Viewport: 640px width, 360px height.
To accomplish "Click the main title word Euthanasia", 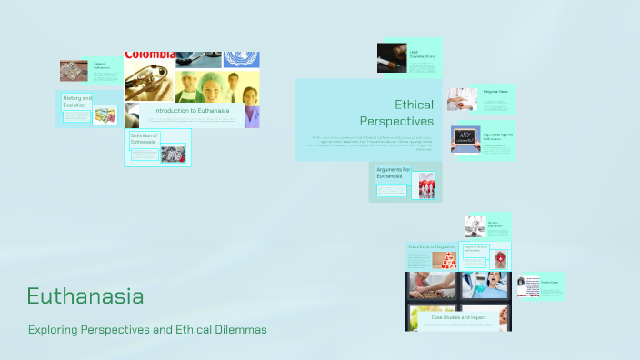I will pyautogui.click(x=85, y=296).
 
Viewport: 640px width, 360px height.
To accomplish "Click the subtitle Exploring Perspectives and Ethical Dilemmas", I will pyautogui.click(x=147, y=329).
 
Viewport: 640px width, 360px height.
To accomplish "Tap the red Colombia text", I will pyautogui.click(x=150, y=55).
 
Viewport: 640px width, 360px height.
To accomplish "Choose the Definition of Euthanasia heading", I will pyautogui.click(x=144, y=138).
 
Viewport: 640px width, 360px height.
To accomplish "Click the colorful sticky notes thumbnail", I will pyautogui.click(x=105, y=115).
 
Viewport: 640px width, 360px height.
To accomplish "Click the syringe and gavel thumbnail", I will pyautogui.click(x=392, y=57).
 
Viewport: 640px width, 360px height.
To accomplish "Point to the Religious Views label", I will pyautogui.click(x=495, y=92).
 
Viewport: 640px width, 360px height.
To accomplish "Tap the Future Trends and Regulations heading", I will pyautogui.click(x=433, y=247).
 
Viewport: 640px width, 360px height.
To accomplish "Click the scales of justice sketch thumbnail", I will pyautogui.click(x=474, y=225).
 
